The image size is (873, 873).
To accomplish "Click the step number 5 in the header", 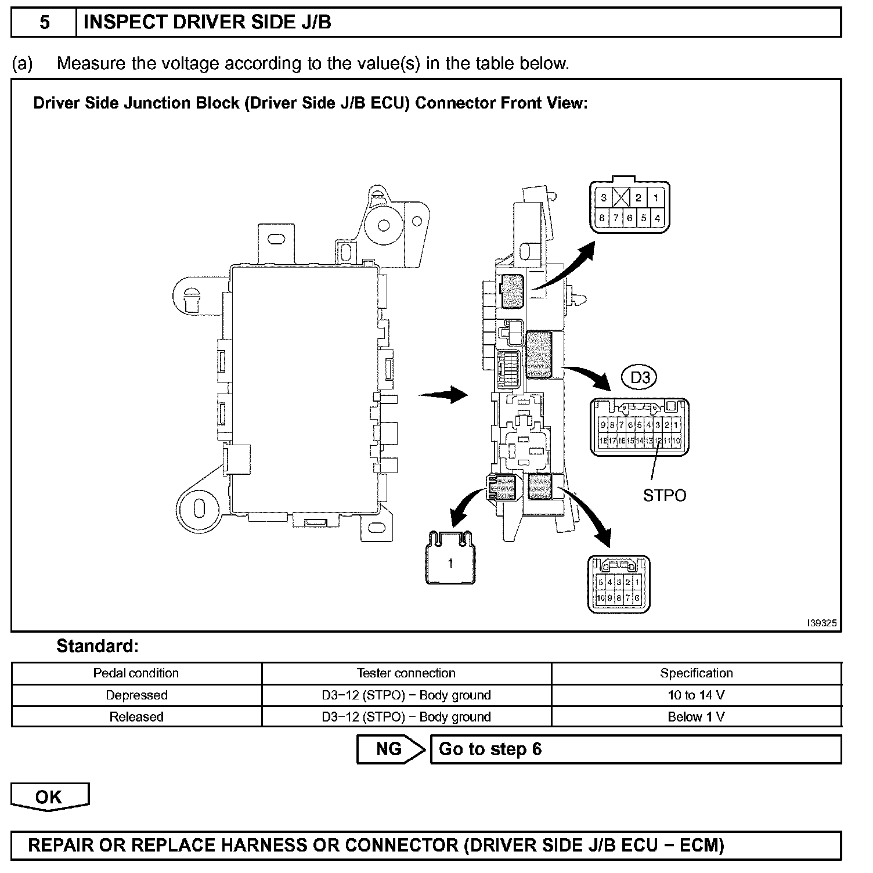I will click(x=44, y=23).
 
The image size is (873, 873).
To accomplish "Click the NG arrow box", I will click(x=391, y=749).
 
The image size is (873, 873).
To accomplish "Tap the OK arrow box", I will click(x=49, y=797).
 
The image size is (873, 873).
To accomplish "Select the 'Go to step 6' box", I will click(x=635, y=749).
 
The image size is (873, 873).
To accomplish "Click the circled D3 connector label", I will click(x=640, y=378).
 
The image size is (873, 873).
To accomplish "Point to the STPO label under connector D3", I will click(x=665, y=496).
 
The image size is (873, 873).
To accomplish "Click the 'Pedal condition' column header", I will click(x=136, y=673).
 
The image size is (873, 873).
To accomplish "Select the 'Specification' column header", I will click(x=696, y=673).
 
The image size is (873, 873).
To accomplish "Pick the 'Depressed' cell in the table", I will click(x=136, y=695).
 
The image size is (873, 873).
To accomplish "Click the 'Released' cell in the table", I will click(x=136, y=717).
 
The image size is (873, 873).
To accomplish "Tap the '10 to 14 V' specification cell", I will click(x=696, y=695).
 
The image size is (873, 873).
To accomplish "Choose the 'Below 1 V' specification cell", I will click(x=696, y=717).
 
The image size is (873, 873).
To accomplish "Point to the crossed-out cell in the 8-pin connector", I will click(x=622, y=198).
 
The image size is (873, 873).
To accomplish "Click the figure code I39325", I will click(x=821, y=623).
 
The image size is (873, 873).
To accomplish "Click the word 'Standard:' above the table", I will click(x=98, y=646).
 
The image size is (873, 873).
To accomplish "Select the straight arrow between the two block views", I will click(x=443, y=395).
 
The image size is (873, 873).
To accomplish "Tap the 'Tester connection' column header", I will click(x=406, y=673).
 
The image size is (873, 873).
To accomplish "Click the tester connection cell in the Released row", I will click(x=406, y=717).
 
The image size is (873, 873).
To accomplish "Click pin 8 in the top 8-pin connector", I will click(x=602, y=218).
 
